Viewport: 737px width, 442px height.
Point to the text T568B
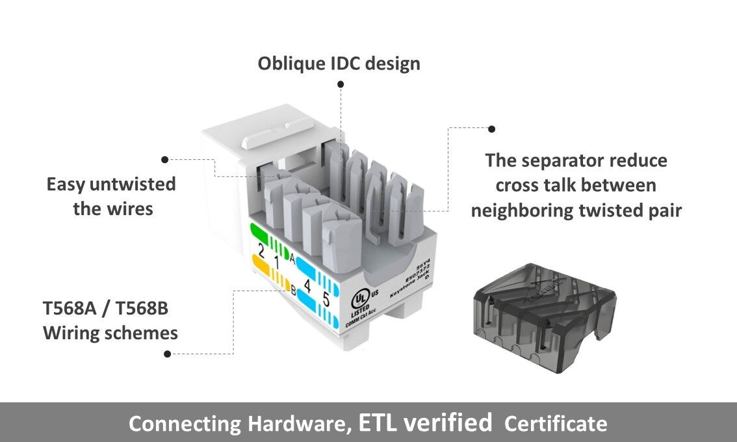[142, 307]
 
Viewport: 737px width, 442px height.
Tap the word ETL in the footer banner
[378, 423]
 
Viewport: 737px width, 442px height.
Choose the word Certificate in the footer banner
[556, 424]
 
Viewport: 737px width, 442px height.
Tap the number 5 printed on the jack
[326, 302]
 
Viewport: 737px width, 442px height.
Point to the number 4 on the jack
[307, 285]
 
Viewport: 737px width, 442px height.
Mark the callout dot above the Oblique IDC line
[341, 84]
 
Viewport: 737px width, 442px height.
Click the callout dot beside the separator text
[491, 129]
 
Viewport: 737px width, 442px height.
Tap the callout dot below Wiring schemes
[168, 354]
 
